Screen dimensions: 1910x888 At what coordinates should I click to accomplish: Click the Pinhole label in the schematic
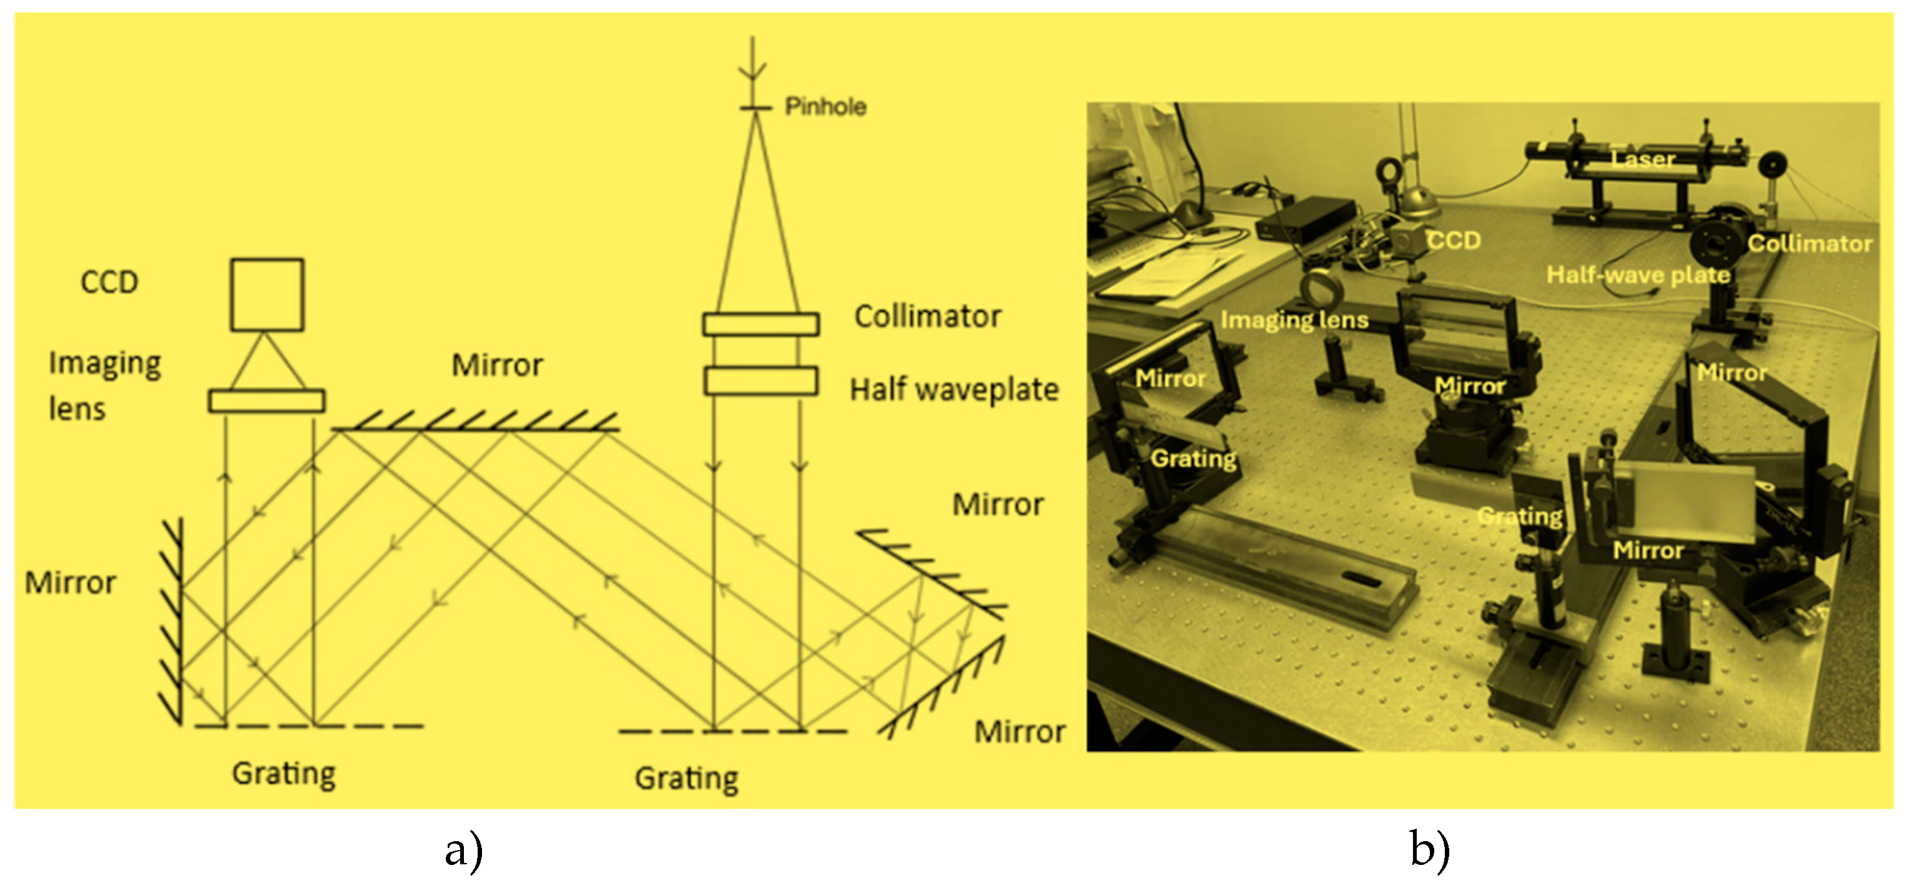point(825,107)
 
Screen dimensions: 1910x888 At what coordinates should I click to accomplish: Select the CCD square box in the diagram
point(267,295)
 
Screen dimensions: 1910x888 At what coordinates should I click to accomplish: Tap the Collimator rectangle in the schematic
point(761,324)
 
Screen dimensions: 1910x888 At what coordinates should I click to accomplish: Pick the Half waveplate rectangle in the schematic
point(761,380)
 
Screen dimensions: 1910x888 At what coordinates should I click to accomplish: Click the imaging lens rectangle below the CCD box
point(266,401)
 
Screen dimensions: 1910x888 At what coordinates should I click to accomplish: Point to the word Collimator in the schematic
point(928,317)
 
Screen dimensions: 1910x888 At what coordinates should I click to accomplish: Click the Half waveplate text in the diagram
point(954,390)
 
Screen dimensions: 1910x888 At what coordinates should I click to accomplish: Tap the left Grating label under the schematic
point(284,774)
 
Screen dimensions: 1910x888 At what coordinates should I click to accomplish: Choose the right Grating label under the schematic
point(687,778)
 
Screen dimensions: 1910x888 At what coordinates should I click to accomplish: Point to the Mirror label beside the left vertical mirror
point(71,583)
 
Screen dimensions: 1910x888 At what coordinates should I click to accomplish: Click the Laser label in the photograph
point(1643,159)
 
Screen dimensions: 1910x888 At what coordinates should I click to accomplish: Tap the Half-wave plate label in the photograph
point(1638,275)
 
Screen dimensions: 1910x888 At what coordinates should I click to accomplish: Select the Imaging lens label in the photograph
point(1294,320)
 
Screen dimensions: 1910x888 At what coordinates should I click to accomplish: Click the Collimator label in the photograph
point(1810,244)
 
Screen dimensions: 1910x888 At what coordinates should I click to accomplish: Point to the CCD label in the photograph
point(1454,240)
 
